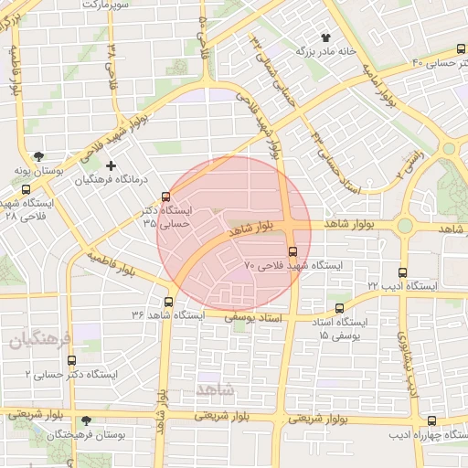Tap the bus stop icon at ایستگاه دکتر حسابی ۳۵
(165, 197)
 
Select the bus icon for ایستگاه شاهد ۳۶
(169, 302)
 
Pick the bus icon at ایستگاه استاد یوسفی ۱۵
(341, 309)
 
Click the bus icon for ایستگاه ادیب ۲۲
(403, 272)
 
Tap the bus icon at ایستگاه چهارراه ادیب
(431, 420)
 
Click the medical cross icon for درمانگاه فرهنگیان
(112, 165)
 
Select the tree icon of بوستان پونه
(37, 156)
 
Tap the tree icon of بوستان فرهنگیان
(86, 420)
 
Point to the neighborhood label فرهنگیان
(38, 340)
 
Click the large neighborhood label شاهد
(215, 389)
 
